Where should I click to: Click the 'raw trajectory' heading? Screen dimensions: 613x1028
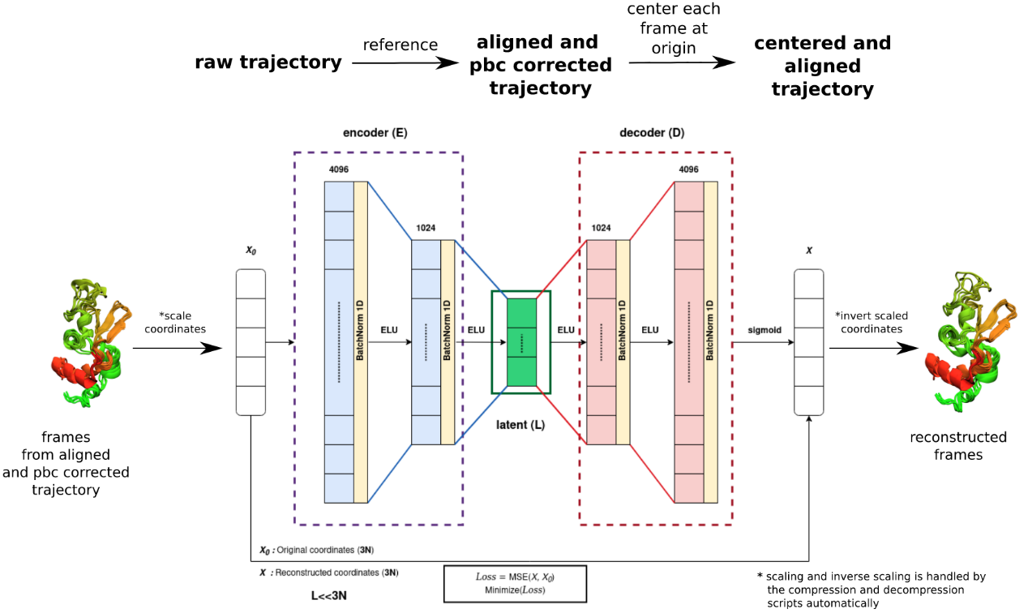click(268, 62)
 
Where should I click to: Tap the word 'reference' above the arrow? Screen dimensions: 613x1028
click(400, 45)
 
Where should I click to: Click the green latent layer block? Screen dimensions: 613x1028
click(521, 342)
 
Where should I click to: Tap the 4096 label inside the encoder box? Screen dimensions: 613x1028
click(339, 169)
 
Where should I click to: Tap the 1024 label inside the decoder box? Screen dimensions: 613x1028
click(601, 228)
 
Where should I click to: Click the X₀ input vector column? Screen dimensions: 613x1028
click(251, 342)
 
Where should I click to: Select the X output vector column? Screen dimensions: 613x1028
click(808, 342)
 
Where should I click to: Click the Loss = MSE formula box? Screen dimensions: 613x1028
click(515, 583)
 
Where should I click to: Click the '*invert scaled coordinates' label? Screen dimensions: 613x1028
click(872, 322)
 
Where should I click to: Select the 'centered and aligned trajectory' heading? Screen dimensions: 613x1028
click(822, 66)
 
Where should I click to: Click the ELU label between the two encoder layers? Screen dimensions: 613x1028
click(389, 330)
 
